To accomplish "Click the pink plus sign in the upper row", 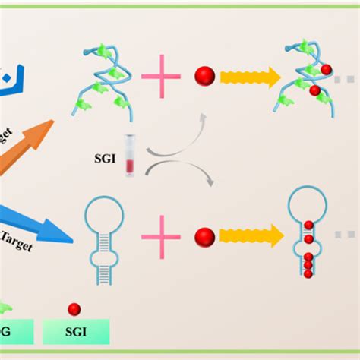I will coord(161,76).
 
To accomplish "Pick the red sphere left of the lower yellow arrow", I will coord(204,238).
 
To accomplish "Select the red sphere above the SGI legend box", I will coord(74,308).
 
